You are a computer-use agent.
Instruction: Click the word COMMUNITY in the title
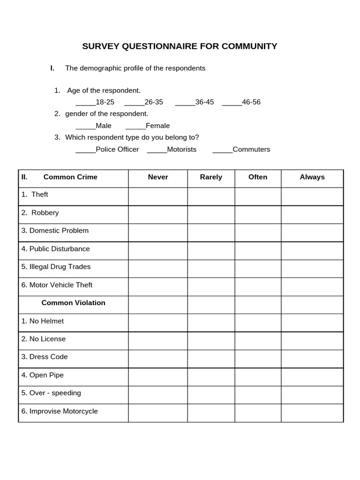[x=249, y=46]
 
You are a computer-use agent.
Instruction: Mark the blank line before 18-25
[x=85, y=102]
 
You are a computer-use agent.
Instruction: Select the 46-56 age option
[x=251, y=102]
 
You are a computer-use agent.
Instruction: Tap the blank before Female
[x=135, y=126]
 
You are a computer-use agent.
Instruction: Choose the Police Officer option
[x=117, y=150]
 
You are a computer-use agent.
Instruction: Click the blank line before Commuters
[x=222, y=150]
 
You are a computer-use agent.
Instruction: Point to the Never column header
[x=158, y=177]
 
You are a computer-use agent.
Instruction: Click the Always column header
[x=312, y=177]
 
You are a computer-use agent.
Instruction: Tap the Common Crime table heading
[x=70, y=177]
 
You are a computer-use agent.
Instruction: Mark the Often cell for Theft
[x=258, y=196]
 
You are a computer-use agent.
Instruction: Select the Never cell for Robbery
[x=158, y=215]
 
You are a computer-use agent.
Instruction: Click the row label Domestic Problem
[x=59, y=231]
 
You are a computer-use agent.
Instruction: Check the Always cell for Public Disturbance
[x=312, y=251]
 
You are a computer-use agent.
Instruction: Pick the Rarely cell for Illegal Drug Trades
[x=211, y=269]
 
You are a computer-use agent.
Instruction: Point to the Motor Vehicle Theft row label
[x=61, y=285]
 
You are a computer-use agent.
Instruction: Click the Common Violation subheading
[x=74, y=303]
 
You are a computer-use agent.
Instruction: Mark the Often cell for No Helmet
[x=258, y=323]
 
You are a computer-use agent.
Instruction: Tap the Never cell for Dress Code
[x=158, y=359]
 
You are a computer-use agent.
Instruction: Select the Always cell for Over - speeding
[x=312, y=395]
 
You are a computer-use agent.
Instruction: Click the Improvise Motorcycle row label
[x=64, y=412]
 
